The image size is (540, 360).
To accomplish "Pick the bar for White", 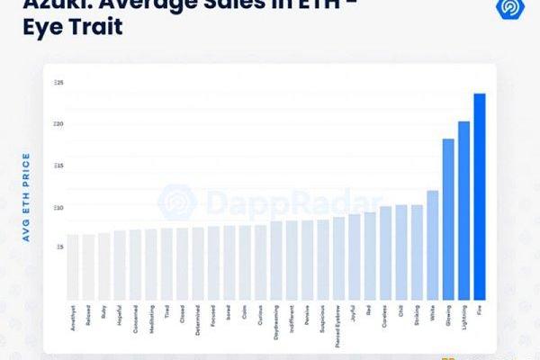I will tap(432, 245).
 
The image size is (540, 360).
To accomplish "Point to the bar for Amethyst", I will tap(73, 266).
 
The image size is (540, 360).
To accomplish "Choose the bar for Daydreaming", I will tap(276, 260).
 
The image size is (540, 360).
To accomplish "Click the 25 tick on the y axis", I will tap(59, 84).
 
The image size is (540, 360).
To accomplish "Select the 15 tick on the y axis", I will tap(59, 166).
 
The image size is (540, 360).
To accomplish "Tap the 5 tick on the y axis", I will tap(60, 247).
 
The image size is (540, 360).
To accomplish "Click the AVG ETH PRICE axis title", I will tap(27, 197).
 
